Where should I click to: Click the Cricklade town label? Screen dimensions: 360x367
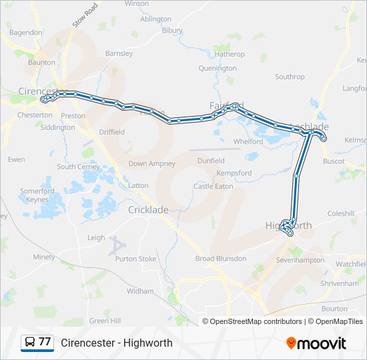point(148,209)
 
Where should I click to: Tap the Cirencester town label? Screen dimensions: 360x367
point(43,91)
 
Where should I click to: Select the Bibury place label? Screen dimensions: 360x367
point(171,31)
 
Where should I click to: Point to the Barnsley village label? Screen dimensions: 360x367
point(119,53)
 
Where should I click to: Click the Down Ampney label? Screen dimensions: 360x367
point(151,163)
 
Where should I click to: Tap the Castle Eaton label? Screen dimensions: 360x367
point(214,186)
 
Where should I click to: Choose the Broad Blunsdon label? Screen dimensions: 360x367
point(220,259)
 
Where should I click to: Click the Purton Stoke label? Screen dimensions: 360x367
point(140,259)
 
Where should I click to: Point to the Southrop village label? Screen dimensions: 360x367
point(290,77)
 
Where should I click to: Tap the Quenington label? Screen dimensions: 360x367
point(218,68)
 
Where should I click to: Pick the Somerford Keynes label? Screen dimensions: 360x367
point(37,195)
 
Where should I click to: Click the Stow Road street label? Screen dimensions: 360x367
point(85,15)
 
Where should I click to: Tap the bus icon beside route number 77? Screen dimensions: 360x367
point(31,342)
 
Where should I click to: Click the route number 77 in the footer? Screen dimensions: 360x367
point(45,342)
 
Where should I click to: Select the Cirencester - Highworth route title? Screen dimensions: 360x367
point(117,343)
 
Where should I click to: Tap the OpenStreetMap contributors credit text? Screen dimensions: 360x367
point(256,321)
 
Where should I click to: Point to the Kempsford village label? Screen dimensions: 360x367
point(234,173)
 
